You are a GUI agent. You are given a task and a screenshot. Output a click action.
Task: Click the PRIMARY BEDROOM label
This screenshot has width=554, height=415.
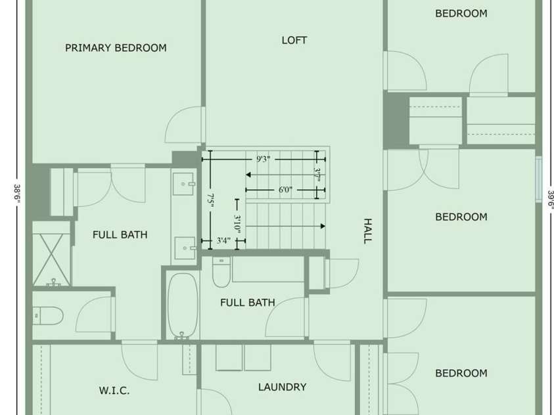pos(116,48)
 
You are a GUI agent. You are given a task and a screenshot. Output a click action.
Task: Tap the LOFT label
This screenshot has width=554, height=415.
pos(294,40)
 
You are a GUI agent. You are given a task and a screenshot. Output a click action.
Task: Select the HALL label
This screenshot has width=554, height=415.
pos(368,231)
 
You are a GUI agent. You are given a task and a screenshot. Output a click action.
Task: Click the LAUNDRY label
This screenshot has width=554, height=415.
pos(283,387)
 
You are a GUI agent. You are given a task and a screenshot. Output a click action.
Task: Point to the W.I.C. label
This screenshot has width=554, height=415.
pos(114,391)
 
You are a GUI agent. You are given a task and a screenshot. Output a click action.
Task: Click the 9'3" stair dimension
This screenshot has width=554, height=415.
pos(264,160)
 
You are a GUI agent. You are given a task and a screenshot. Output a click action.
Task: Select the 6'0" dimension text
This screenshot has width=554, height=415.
pos(285,190)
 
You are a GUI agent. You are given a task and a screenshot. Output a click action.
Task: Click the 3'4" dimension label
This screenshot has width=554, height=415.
pos(223,241)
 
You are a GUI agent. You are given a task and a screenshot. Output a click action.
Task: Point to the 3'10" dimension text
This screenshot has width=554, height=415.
pos(237,225)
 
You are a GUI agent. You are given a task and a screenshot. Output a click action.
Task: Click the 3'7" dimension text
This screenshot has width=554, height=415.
pos(317,175)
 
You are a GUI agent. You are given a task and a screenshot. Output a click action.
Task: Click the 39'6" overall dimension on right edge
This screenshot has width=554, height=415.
pos(550,200)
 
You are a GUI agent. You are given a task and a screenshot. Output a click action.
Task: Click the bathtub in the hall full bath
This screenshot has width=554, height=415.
pos(182,305)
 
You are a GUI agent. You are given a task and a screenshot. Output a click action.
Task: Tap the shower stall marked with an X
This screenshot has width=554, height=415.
pos(51,259)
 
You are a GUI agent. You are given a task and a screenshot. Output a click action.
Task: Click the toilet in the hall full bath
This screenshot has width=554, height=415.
pos(221,272)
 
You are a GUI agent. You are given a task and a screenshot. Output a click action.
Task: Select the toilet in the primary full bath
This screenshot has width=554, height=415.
pos(48,315)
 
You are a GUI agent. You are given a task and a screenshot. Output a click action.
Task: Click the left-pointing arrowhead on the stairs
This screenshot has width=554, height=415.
pos(248,175)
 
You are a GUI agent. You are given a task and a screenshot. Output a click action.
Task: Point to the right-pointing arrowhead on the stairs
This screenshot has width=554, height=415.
pos(323,226)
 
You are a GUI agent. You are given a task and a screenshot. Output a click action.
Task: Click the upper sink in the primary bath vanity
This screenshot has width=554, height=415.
pos(183,183)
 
